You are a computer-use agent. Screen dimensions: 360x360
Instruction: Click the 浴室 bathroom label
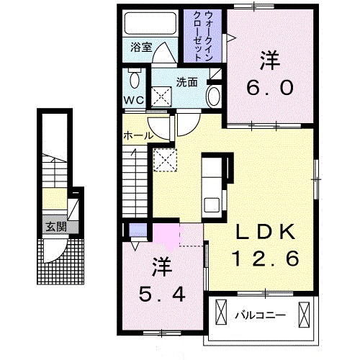pyautogui.click(x=141, y=48)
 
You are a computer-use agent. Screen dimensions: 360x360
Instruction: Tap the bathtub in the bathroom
pyautogui.click(x=148, y=24)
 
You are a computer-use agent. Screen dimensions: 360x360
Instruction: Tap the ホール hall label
pyautogui.click(x=137, y=135)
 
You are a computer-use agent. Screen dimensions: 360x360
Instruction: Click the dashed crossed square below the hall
pyautogui.click(x=165, y=158)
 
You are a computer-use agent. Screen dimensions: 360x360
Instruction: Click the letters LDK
pyautogui.click(x=265, y=233)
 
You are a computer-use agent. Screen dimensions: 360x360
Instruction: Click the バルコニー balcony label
pyautogui.click(x=260, y=314)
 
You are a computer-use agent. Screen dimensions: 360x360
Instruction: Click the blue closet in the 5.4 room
pyautogui.click(x=132, y=231)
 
